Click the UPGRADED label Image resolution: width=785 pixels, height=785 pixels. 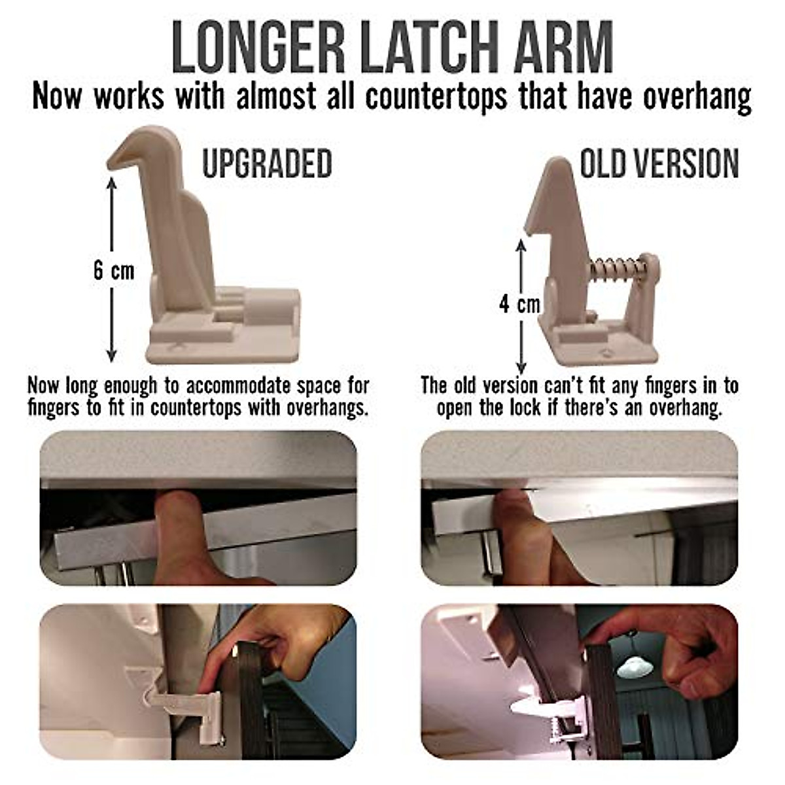pos(267,163)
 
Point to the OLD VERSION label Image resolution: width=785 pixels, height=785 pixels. pos(659,163)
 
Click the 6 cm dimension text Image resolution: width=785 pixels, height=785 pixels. pos(113,270)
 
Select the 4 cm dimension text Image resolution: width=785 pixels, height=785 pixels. pos(520,304)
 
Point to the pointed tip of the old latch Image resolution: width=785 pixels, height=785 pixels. pos(557,164)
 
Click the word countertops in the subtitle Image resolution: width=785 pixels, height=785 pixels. pos(436,96)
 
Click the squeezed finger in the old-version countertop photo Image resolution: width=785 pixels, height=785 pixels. pos(523,523)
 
